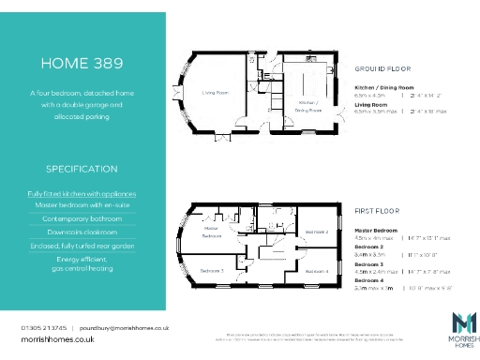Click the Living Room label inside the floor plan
coord(217,92)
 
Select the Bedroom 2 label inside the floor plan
coord(316,231)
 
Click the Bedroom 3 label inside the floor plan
coord(212,270)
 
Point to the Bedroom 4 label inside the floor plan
coord(316,271)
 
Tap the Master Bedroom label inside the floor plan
coord(212,232)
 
